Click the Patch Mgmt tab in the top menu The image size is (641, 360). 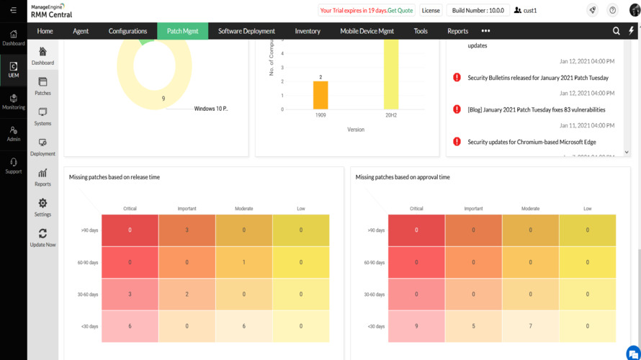pyautogui.click(x=182, y=31)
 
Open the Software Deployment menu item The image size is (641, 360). pyautogui.click(x=246, y=31)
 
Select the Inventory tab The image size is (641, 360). pyautogui.click(x=308, y=31)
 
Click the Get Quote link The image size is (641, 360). pyautogui.click(x=400, y=11)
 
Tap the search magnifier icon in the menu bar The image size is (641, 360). pyautogui.click(x=616, y=31)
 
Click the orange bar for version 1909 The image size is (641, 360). pyautogui.click(x=320, y=95)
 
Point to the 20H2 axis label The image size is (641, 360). pyautogui.click(x=391, y=115)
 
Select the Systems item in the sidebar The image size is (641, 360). pyautogui.click(x=42, y=117)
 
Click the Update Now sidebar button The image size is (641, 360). pyautogui.click(x=42, y=238)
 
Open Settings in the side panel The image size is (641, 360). pyautogui.click(x=42, y=207)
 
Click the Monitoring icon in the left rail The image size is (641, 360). pyautogui.click(x=13, y=102)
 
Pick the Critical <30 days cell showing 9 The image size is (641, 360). pyautogui.click(x=416, y=326)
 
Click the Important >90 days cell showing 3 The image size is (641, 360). pyautogui.click(x=187, y=230)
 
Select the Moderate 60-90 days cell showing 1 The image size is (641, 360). pyautogui.click(x=243, y=262)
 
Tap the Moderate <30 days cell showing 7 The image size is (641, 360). pyautogui.click(x=530, y=326)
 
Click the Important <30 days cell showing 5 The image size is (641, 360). pyautogui.click(x=473, y=326)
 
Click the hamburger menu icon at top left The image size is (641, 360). pyautogui.click(x=13, y=10)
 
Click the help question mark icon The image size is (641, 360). pyautogui.click(x=612, y=10)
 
